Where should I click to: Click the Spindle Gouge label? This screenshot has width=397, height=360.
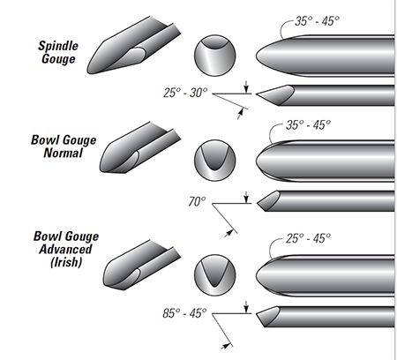(58, 52)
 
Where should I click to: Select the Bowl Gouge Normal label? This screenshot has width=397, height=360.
(64, 146)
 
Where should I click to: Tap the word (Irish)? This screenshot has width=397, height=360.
(66, 262)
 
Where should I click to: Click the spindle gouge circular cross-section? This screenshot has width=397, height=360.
(214, 56)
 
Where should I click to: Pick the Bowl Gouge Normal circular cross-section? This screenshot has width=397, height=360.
(214, 161)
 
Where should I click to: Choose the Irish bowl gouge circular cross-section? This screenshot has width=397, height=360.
(214, 275)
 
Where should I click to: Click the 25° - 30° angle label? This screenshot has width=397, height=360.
(185, 93)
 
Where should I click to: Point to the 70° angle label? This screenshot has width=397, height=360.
(197, 201)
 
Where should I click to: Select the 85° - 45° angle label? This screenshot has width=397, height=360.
(184, 313)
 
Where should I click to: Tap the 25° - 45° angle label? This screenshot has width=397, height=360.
(308, 238)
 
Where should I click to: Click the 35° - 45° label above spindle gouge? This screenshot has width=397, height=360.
(317, 21)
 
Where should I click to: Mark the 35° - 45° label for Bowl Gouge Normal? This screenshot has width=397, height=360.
(308, 124)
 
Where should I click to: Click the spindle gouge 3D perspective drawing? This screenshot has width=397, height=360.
(134, 45)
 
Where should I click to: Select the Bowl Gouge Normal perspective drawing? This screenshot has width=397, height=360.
(139, 147)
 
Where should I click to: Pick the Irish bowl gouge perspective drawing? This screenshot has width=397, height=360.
(142, 265)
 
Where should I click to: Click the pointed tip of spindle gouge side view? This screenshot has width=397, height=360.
(257, 94)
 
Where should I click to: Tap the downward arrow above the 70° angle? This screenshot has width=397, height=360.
(246, 197)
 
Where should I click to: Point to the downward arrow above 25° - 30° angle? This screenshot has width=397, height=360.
(246, 86)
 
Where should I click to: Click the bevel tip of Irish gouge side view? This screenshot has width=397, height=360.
(257, 314)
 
